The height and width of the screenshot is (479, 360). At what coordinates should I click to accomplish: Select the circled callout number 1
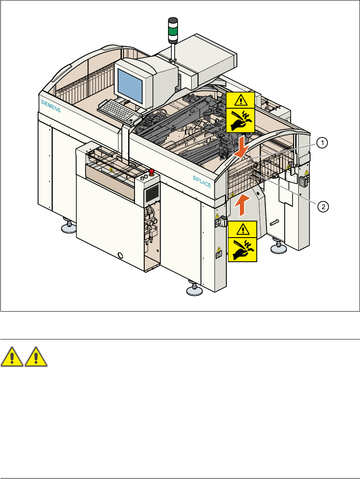click(322, 143)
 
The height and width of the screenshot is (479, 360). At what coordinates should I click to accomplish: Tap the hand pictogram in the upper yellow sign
click(240, 121)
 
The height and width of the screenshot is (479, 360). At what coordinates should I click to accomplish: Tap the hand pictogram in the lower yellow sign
click(242, 249)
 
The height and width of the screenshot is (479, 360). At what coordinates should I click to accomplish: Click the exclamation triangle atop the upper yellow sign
click(240, 99)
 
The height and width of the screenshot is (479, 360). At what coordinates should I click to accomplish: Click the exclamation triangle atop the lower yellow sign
click(242, 228)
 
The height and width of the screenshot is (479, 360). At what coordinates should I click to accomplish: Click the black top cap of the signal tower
click(173, 20)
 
